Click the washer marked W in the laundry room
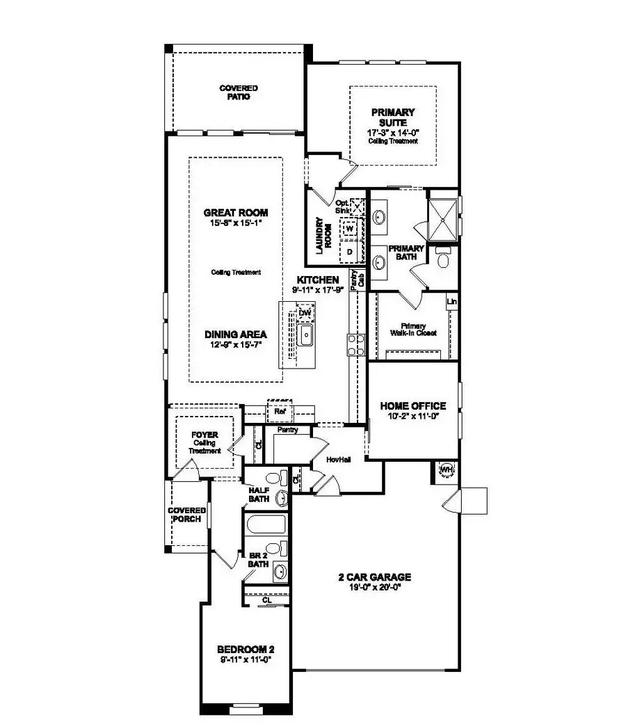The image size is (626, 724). coord(349,229)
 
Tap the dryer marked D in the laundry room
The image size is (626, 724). coord(350,250)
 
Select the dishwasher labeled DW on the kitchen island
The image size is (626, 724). coord(304,314)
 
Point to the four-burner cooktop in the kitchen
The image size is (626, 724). coord(356,345)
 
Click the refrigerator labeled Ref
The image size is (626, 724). coord(280,412)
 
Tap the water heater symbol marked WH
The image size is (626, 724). coord(447,470)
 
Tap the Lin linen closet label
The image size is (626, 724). coord(452,302)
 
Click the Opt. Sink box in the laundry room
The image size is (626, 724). coord(358,207)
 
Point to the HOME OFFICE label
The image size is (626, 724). coord(412,406)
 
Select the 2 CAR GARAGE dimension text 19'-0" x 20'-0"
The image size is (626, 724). coord(375,588)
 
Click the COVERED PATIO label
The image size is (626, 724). coord(239,92)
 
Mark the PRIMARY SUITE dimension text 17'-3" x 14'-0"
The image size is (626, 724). coord(393,132)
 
